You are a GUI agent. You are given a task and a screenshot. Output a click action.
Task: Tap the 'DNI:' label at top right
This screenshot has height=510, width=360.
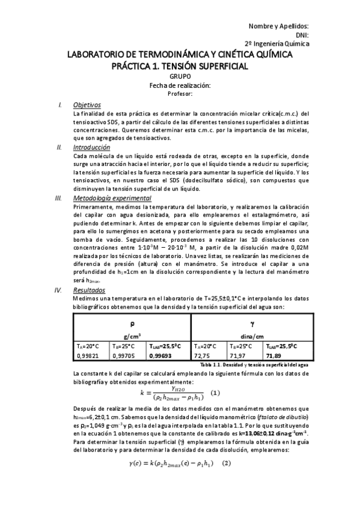click(x=300, y=35)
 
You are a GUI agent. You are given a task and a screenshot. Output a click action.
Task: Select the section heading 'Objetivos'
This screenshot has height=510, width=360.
click(x=87, y=105)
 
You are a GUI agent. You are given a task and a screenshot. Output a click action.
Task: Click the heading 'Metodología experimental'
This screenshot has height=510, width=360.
click(x=112, y=198)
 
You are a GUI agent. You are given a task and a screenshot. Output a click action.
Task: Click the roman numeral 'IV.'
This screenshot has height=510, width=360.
click(x=58, y=290)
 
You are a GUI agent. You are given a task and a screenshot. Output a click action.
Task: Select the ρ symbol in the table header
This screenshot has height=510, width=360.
click(x=132, y=324)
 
